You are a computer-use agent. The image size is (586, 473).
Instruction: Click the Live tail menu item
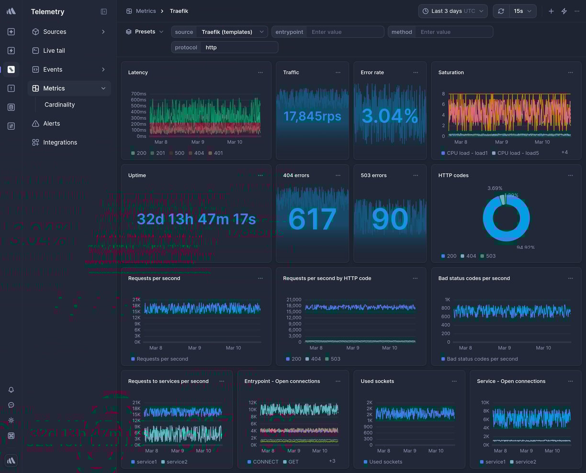(54, 51)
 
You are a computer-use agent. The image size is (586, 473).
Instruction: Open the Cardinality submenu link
(59, 105)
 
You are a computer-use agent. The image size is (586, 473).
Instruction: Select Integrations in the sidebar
(60, 143)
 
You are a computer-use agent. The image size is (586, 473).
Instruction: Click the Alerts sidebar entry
(51, 124)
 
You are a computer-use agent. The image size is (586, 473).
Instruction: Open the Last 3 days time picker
(452, 11)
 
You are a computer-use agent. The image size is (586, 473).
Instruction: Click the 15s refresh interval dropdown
(523, 11)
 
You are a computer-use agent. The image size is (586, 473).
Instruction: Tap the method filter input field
(455, 32)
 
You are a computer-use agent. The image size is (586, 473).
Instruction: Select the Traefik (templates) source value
(227, 32)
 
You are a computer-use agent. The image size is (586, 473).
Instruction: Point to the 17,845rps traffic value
(312, 116)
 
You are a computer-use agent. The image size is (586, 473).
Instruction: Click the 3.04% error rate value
(390, 116)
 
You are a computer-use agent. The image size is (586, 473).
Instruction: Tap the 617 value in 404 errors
(312, 219)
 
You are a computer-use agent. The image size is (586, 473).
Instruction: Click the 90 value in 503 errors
(390, 219)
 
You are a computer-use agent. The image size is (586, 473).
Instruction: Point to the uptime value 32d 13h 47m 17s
(196, 219)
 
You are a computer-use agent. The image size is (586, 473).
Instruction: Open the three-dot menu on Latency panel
(260, 73)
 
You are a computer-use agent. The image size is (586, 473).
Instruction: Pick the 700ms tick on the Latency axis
(138, 94)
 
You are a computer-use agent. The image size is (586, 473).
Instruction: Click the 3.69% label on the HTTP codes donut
(495, 188)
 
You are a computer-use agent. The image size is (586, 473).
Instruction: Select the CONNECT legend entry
(265, 462)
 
